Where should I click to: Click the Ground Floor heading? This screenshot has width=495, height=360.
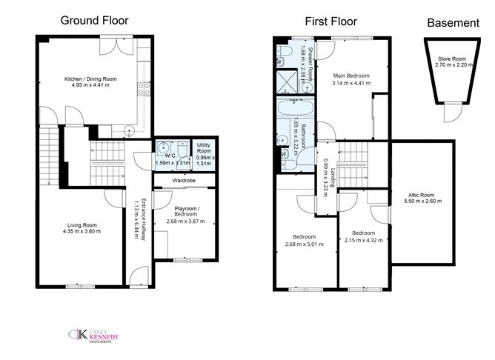pyautogui.click(x=94, y=21)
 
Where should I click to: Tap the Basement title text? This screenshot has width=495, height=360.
pyautogui.click(x=453, y=23)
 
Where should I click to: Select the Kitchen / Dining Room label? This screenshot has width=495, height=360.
pyautogui.click(x=90, y=79)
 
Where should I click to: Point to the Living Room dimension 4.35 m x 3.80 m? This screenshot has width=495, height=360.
pyautogui.click(x=82, y=231)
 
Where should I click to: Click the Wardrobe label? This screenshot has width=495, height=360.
pyautogui.click(x=184, y=181)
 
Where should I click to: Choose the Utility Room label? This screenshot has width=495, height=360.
pyautogui.click(x=204, y=148)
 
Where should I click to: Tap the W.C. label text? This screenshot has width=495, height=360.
pyautogui.click(x=170, y=156)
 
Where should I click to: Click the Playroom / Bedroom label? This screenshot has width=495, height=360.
pyautogui.click(x=186, y=211)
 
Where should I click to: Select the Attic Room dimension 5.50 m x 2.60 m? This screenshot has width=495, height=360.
pyautogui.click(x=422, y=201)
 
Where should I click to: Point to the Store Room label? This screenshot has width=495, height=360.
pyautogui.click(x=452, y=59)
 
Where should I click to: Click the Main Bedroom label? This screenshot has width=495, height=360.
pyautogui.click(x=351, y=76)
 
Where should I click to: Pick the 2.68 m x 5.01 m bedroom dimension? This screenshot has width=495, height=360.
pyautogui.click(x=305, y=244)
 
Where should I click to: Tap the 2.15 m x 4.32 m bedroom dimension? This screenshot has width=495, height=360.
pyautogui.click(x=364, y=240)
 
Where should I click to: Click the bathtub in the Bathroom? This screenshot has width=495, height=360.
pyautogui.click(x=296, y=107)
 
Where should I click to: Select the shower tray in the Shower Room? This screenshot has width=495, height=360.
pyautogui.click(x=287, y=81)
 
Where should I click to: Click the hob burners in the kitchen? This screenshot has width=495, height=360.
pyautogui.click(x=144, y=89)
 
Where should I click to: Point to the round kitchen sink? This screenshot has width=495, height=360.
pyautogui.click(x=130, y=130)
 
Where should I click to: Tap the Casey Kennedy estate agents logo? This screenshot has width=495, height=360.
pyautogui.click(x=94, y=336)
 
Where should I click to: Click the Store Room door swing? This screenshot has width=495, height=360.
pyautogui.click(x=453, y=113)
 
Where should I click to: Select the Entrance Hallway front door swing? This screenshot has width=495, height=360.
pyautogui.click(x=139, y=276)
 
